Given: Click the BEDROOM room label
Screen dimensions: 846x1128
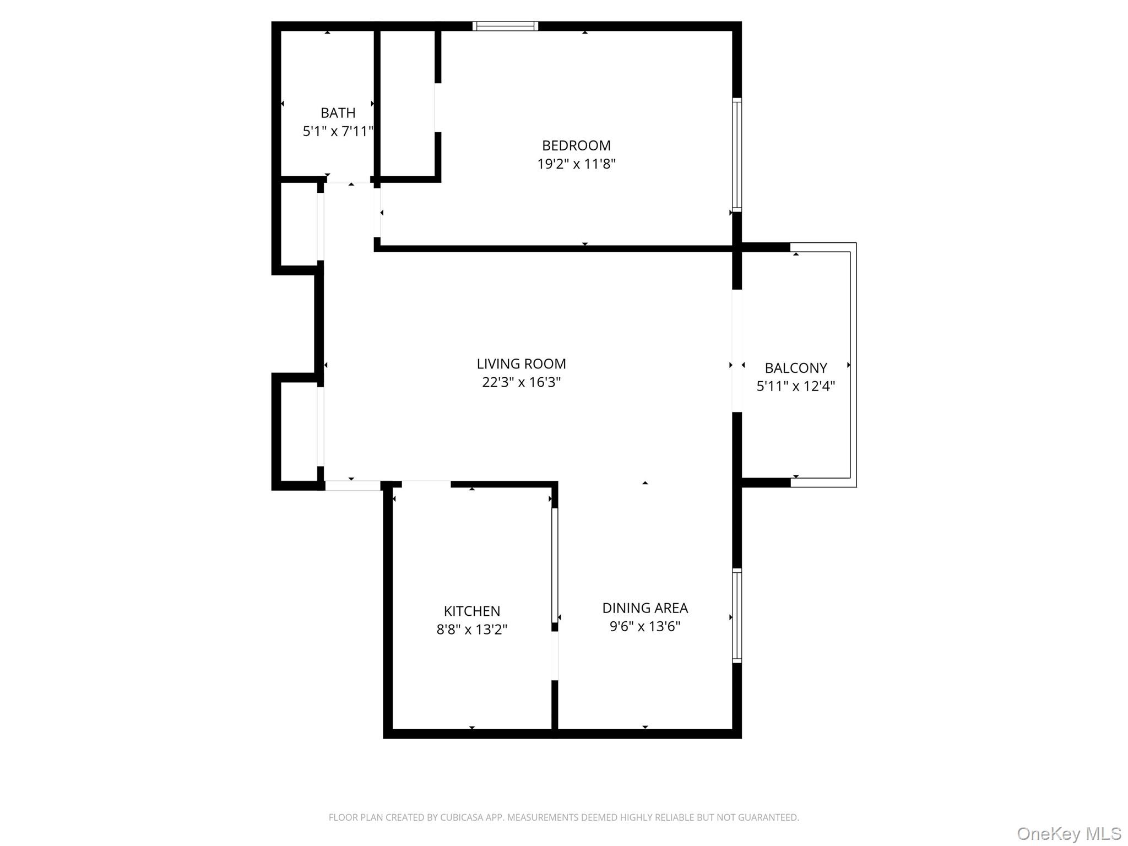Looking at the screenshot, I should point(576,145).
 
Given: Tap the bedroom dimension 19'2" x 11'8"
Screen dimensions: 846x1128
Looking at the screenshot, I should point(576,164).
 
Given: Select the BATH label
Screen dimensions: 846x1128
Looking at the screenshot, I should point(338,113).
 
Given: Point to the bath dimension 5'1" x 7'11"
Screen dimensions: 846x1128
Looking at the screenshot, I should point(338,131).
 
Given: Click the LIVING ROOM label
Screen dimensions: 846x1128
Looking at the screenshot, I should point(521,364).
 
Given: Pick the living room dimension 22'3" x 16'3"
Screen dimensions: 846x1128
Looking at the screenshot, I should point(521,382).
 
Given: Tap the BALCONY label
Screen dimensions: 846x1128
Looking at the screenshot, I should point(795,368).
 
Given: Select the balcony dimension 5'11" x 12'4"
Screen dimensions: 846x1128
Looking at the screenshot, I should point(795,386).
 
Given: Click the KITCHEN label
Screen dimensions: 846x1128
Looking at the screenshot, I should point(471,611).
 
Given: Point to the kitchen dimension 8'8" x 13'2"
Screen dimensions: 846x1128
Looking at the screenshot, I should point(471,630).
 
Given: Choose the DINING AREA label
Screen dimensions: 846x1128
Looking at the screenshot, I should point(644,608).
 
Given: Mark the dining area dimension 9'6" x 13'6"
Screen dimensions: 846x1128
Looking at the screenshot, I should point(644,626).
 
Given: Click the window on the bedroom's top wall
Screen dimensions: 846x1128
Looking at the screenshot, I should point(505,26).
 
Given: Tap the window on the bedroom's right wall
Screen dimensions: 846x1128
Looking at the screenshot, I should point(737,155).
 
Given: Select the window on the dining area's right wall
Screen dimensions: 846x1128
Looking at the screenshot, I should point(737,615).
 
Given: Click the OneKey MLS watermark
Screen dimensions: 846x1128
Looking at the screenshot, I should point(1069,833).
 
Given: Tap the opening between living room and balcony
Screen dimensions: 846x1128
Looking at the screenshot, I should point(737,351).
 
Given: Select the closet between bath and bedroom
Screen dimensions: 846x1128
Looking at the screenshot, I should point(408,105).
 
